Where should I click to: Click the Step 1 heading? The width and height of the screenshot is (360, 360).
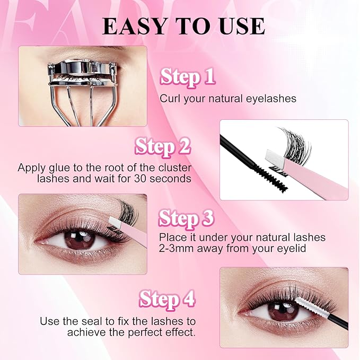coord(188,77)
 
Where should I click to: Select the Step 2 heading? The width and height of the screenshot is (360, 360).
coord(163,147)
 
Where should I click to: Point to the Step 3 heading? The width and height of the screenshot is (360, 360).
coord(186,219)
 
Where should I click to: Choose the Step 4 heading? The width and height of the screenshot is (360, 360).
coord(167,300)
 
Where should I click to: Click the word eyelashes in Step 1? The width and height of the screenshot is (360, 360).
coord(271,99)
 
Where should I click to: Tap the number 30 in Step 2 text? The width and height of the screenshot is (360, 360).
coord(140,179)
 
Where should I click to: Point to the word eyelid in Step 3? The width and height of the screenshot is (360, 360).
coord(292,249)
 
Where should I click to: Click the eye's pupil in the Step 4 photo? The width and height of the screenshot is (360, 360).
coord(283,311)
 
